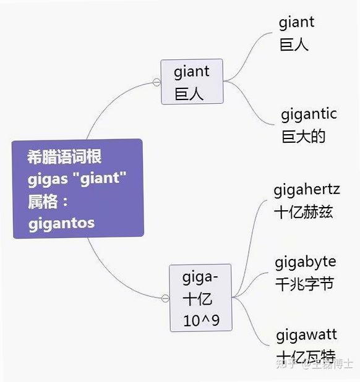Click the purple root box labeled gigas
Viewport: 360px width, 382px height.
pyautogui.click(x=78, y=189)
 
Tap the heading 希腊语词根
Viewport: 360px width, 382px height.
pyautogui.click(x=64, y=156)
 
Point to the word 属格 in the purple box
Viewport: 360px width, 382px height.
pyautogui.click(x=43, y=202)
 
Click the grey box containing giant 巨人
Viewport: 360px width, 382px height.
pyautogui.click(x=192, y=82)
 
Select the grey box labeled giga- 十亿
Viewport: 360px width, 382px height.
pyautogui.click(x=200, y=298)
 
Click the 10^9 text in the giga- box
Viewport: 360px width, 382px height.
pyautogui.click(x=201, y=320)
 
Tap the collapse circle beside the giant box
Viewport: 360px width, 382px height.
pyautogui.click(x=156, y=82)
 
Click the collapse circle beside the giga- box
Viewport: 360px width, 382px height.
pyautogui.click(x=165, y=298)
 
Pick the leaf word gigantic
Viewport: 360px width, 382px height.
pyautogui.click(x=309, y=115)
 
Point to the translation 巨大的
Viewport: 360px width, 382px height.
pyautogui.click(x=304, y=137)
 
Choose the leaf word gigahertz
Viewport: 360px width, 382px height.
pyautogui.click(x=307, y=190)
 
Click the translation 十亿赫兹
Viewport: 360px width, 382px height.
pyautogui.click(x=304, y=212)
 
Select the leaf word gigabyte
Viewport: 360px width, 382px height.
pyautogui.click(x=306, y=263)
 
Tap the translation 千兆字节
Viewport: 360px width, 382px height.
pyautogui.click(x=304, y=284)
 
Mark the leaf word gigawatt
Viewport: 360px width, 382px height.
pyautogui.click(x=307, y=335)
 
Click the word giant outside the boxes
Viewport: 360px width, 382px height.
pyautogui.click(x=297, y=23)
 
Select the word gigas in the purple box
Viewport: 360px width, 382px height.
pyautogui.click(x=48, y=180)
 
